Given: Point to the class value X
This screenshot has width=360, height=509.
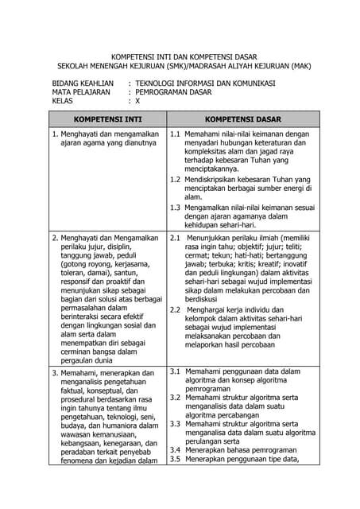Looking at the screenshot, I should [137, 101].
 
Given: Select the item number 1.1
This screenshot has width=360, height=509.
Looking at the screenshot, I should [176, 135].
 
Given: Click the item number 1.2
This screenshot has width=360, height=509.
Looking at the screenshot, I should [176, 179].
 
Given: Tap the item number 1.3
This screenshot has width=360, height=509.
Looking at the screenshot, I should [176, 207].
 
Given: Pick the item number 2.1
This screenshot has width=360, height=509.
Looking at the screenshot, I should [176, 237].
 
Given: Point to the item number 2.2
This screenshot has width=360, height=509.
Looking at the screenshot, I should [176, 309].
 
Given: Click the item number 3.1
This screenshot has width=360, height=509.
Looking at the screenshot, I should [176, 371].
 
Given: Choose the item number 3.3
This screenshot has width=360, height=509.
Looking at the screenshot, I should [176, 424].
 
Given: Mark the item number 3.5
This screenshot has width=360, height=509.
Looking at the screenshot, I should [176, 459].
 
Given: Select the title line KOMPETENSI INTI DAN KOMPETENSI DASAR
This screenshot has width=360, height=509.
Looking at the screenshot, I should [180, 58].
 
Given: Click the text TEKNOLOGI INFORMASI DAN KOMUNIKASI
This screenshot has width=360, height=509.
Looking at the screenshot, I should [205, 83].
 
